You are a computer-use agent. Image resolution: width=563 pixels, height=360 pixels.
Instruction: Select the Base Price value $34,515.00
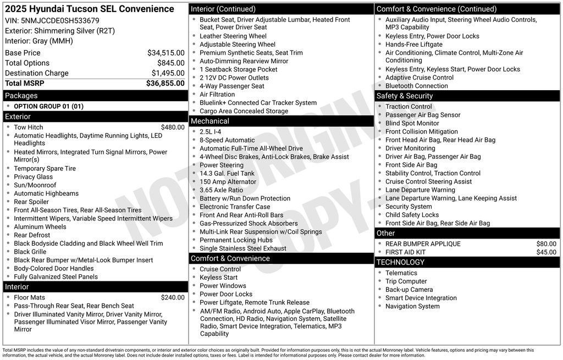[x=165, y=53]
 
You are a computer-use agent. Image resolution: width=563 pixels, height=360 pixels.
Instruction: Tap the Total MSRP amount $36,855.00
[x=165, y=83]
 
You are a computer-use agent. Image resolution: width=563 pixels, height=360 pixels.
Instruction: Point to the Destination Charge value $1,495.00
[x=168, y=73]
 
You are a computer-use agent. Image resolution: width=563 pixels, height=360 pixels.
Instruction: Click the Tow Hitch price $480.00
[x=173, y=127]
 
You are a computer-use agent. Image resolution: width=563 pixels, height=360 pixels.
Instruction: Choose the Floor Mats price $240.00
[x=173, y=297]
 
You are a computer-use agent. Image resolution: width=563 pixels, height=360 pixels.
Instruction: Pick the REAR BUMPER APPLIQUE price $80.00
[x=546, y=244]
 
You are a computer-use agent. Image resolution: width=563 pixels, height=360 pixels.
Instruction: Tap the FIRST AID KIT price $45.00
[x=546, y=252]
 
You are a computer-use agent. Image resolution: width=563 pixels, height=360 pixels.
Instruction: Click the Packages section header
[x=21, y=96]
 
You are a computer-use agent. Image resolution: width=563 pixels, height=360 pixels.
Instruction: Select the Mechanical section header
[x=210, y=121]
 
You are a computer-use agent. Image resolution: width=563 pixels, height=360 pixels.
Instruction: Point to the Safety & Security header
[x=405, y=96]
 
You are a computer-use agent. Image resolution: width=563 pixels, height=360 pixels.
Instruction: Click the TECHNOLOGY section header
[x=401, y=262]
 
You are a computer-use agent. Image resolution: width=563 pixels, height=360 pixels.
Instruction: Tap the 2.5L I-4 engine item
[x=210, y=132]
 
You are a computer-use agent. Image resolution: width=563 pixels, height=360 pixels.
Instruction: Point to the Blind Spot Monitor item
[x=412, y=123]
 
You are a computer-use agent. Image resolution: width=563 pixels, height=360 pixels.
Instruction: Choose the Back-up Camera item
[x=409, y=290]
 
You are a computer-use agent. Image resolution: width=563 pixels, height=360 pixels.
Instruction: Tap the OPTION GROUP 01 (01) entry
[x=48, y=106]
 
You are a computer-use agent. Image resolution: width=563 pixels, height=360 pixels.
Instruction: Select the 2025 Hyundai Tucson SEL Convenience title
[x=90, y=9]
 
